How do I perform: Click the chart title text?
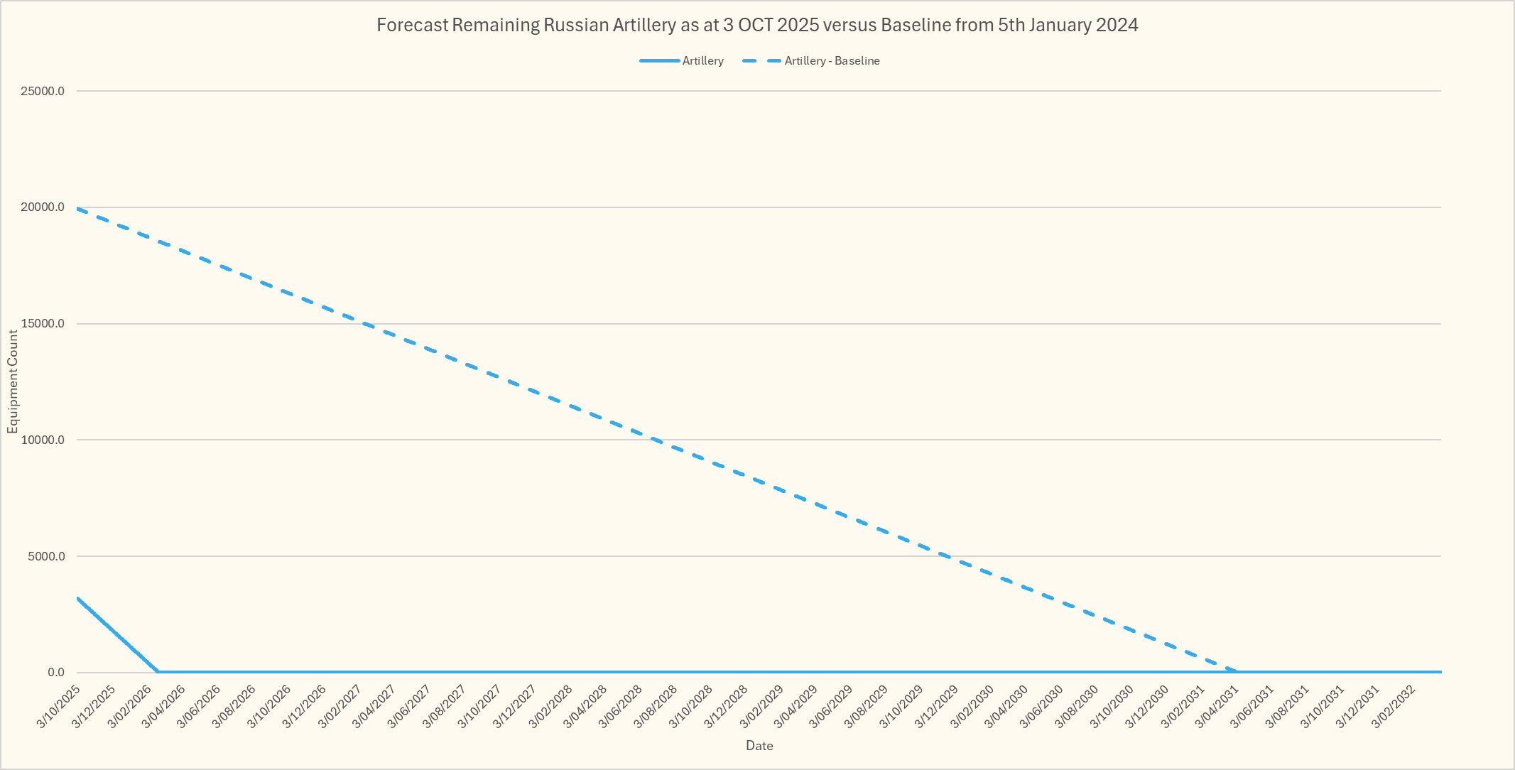tap(757, 26)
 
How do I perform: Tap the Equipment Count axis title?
tap(13, 381)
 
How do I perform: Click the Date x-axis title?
tap(759, 746)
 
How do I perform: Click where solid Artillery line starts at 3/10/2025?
tap(77, 598)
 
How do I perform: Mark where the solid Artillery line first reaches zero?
tap(158, 672)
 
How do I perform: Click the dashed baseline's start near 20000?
tap(77, 209)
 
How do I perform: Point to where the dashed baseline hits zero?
tap(1237, 672)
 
